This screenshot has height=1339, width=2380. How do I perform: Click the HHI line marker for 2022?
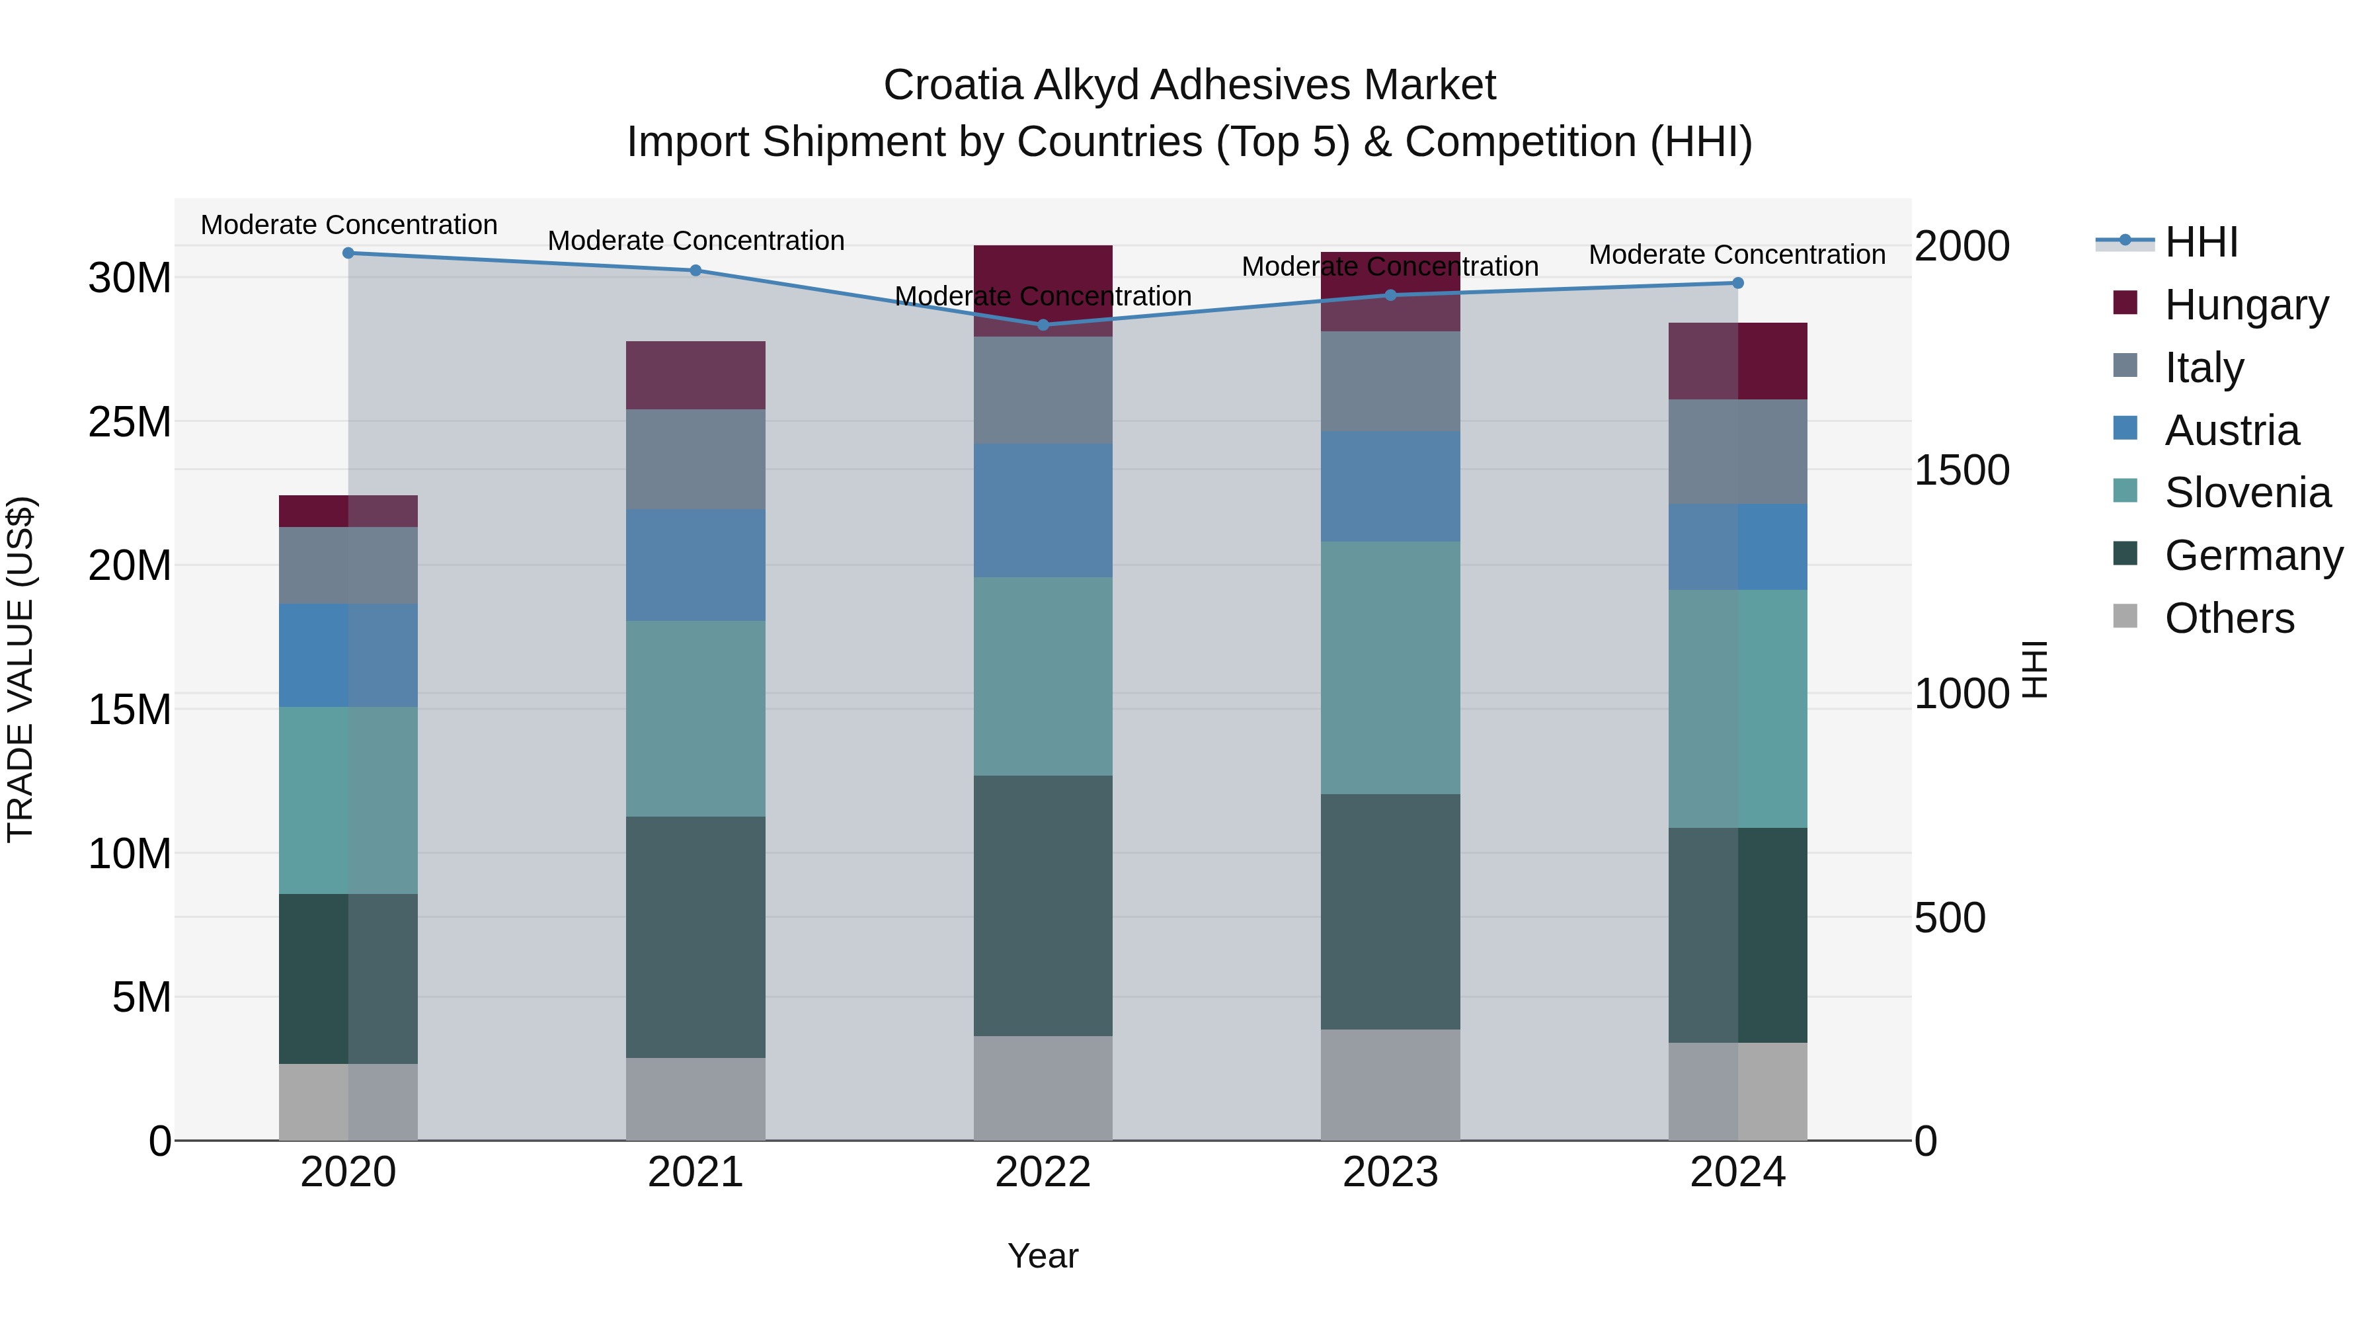click(x=1043, y=325)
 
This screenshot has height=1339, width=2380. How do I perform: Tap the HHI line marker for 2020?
click(x=348, y=253)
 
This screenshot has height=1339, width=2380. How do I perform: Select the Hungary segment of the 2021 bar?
click(x=695, y=375)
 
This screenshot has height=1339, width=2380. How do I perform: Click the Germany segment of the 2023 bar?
click(x=1390, y=911)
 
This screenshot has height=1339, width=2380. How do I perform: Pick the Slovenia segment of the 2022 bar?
click(x=1043, y=676)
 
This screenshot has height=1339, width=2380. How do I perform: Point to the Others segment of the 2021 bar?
click(x=695, y=1099)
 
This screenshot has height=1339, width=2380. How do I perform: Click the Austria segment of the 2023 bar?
click(x=1390, y=486)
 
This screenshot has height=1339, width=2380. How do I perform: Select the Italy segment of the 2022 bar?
click(x=1043, y=390)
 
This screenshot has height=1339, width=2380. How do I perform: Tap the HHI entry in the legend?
click(x=2201, y=242)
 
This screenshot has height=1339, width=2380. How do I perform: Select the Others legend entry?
click(x=2229, y=618)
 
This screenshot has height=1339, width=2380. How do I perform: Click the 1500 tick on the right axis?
click(x=1961, y=470)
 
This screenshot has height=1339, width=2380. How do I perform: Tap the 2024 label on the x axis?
click(x=1737, y=1172)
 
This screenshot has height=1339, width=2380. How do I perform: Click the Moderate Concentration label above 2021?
click(x=695, y=240)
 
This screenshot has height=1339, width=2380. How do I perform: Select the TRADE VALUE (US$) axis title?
click(x=20, y=669)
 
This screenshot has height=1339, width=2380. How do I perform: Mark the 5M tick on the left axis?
click(x=141, y=997)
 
